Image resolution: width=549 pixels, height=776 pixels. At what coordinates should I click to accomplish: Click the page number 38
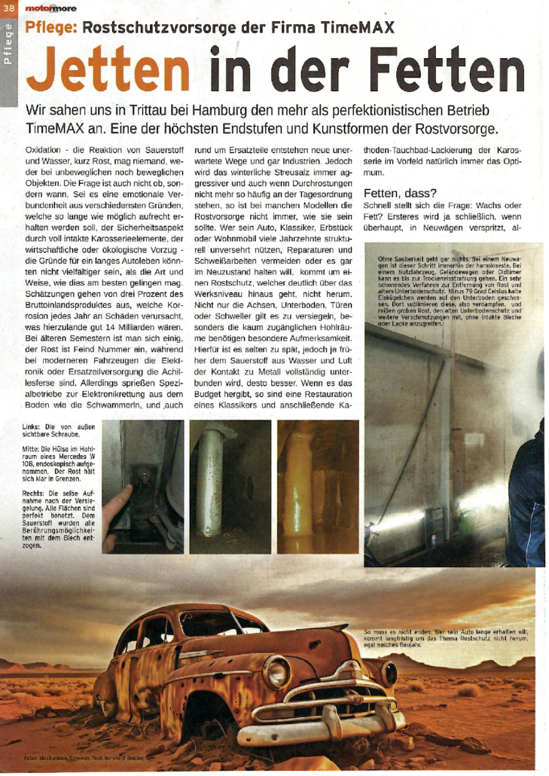[8, 8]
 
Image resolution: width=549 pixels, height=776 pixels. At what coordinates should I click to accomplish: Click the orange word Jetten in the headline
[108, 70]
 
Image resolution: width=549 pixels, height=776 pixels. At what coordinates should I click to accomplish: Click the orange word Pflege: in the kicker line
[50, 29]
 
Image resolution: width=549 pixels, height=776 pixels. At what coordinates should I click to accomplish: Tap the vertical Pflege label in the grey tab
[8, 44]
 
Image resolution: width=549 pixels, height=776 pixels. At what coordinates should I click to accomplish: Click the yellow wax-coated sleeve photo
[317, 487]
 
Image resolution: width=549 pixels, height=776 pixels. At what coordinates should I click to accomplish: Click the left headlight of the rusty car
[277, 670]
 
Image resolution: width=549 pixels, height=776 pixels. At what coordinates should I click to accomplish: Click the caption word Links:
[35, 426]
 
